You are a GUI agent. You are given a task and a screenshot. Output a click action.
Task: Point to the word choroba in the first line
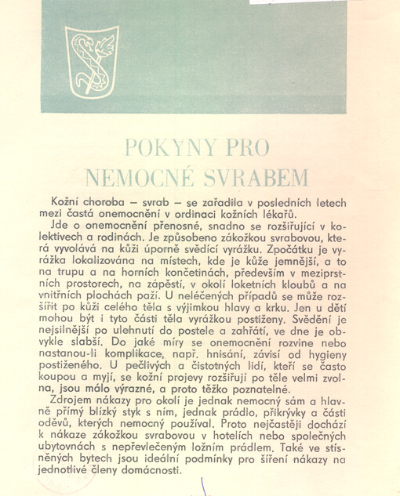(x=100, y=203)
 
